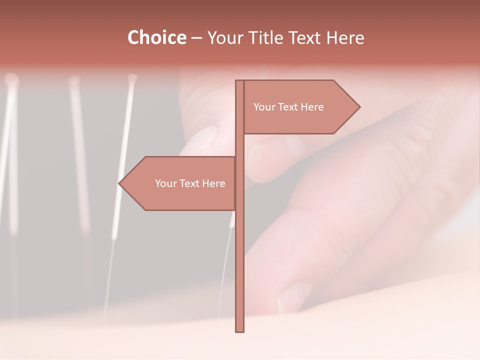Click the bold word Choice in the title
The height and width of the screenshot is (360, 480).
pyautogui.click(x=156, y=38)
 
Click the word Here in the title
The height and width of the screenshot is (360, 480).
pyautogui.click(x=345, y=38)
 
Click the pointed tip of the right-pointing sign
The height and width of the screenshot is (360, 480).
pyautogui.click(x=359, y=106)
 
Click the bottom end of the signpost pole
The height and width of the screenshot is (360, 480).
pyautogui.click(x=239, y=330)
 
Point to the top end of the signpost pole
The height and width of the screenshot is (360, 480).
pyautogui.click(x=239, y=81)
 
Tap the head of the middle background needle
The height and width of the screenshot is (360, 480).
pyautogui.click(x=74, y=80)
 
